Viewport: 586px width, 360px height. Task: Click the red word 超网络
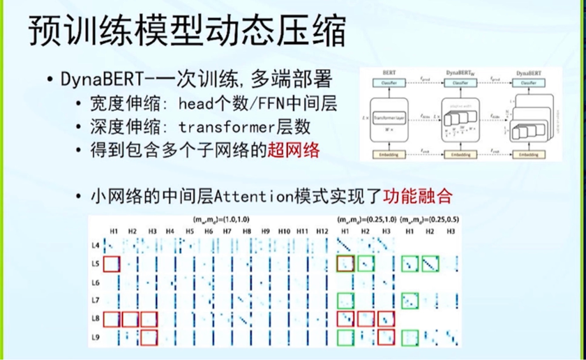pos(294,150)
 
